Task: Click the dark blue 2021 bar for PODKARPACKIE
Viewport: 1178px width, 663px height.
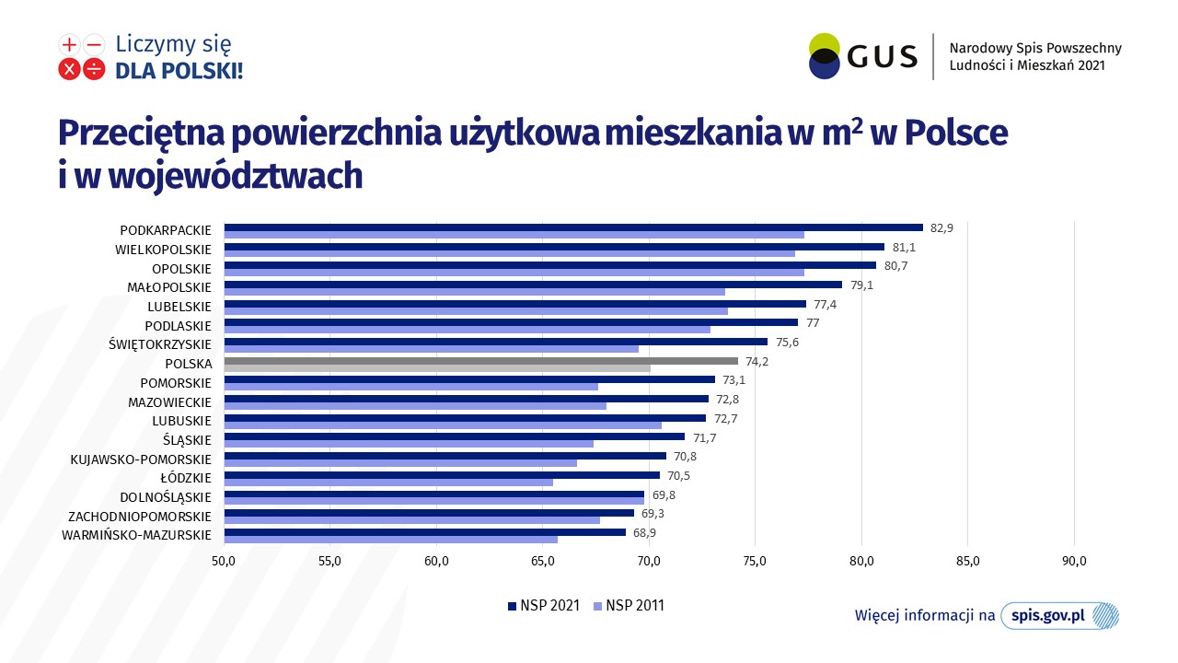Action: (x=573, y=227)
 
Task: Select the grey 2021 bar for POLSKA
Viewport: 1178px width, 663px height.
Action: (x=481, y=361)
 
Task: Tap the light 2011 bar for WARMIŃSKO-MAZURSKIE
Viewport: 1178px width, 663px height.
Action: (x=391, y=540)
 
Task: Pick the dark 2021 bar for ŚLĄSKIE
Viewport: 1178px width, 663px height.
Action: (x=455, y=436)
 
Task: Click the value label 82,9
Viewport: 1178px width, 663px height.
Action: (x=941, y=227)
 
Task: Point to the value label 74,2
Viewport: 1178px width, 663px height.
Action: (x=756, y=362)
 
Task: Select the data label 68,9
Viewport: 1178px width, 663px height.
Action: (x=644, y=533)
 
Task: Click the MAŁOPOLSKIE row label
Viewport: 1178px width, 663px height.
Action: (x=169, y=287)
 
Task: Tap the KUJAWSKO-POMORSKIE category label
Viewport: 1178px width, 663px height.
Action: (x=141, y=459)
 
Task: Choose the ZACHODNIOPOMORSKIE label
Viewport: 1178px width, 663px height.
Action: (x=140, y=517)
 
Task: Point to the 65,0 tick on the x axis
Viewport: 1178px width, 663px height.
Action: (x=543, y=562)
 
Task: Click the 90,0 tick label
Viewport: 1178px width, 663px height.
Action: (x=1074, y=562)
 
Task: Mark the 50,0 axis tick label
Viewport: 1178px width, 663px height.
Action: (x=224, y=562)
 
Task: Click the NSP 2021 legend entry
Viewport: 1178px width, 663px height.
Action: (x=544, y=606)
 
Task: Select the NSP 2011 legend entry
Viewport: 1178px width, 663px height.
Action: (x=629, y=606)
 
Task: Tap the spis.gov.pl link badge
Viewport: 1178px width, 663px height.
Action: (x=1059, y=616)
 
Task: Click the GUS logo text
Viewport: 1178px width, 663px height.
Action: (x=883, y=56)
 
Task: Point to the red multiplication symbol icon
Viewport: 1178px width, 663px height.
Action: (x=69, y=69)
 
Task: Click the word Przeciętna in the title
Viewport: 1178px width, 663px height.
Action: (x=141, y=134)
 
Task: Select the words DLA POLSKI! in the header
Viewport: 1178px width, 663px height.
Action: (x=179, y=71)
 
